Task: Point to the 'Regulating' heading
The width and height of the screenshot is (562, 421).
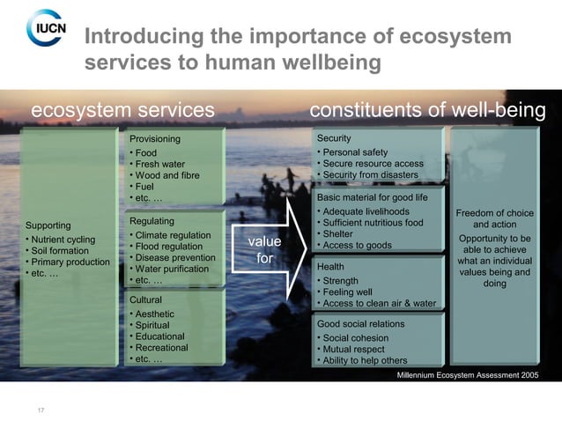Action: (x=151, y=221)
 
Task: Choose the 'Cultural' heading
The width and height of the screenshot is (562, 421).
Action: (x=145, y=300)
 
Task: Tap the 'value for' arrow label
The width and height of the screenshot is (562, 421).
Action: (x=263, y=249)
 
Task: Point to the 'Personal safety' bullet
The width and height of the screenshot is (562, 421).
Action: (x=355, y=152)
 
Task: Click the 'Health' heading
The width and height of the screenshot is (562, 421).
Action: (x=331, y=266)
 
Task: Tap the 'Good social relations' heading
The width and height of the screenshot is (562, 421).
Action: (x=360, y=323)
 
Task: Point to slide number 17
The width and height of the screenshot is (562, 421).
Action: (x=41, y=409)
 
